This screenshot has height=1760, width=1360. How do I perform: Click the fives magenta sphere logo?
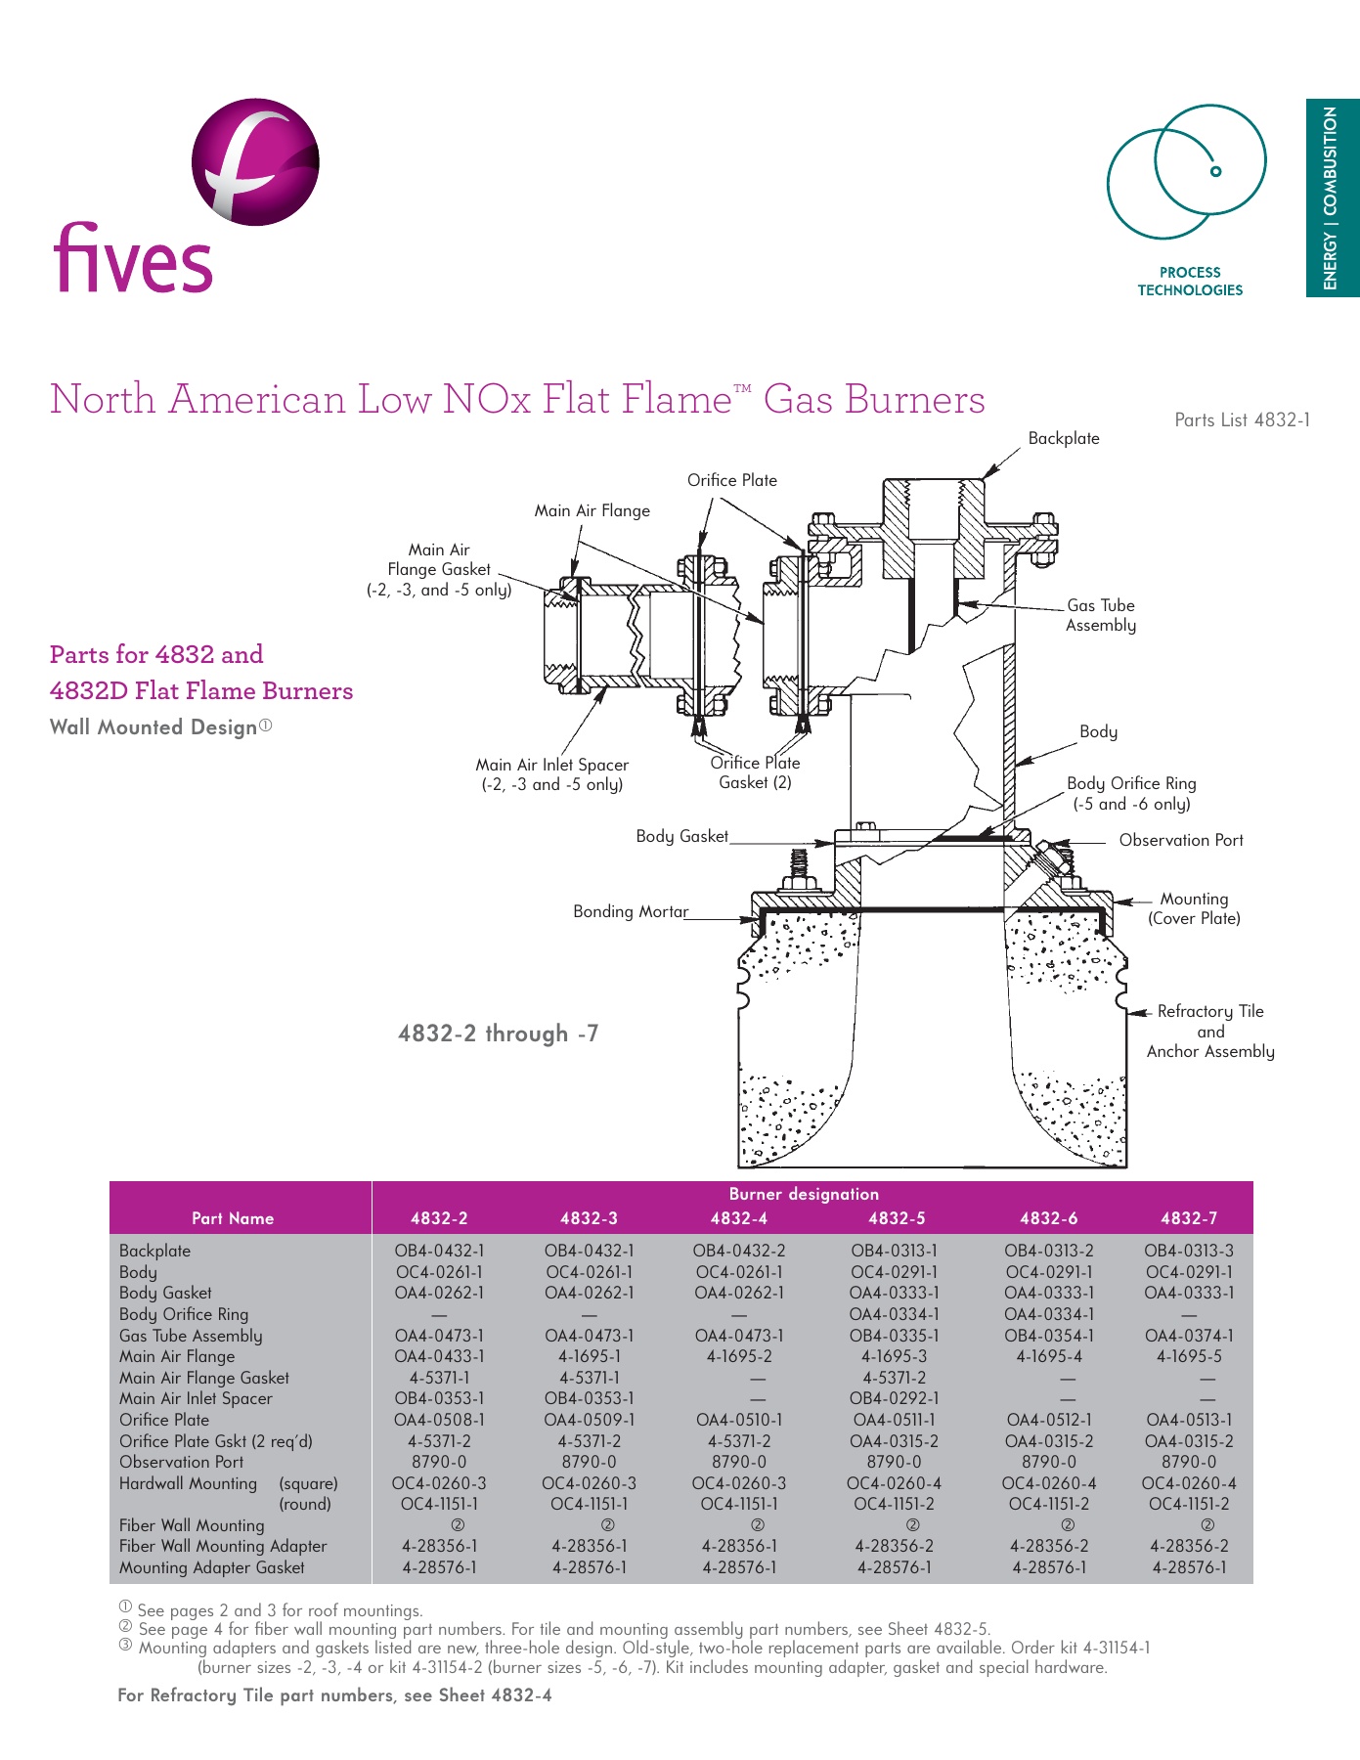[x=255, y=162]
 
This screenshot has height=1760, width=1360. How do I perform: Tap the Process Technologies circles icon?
[x=1186, y=172]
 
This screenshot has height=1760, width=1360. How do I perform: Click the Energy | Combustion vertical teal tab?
[x=1332, y=198]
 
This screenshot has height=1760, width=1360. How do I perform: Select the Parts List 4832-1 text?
[x=1242, y=419]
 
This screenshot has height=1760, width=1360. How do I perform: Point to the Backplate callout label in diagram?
[x=1063, y=438]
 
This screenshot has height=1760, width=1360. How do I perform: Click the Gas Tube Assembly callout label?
[x=1101, y=615]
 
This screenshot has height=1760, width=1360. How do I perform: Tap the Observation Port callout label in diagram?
[x=1180, y=840]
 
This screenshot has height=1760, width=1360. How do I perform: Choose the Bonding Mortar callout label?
[x=631, y=911]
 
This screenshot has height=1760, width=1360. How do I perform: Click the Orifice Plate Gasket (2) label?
[x=755, y=772]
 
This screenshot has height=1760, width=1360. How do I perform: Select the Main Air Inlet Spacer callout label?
[x=551, y=774]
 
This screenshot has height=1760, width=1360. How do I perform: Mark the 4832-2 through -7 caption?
[x=498, y=1034]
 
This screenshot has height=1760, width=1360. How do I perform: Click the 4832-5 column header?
[x=897, y=1218]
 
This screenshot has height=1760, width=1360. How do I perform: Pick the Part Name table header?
[x=233, y=1218]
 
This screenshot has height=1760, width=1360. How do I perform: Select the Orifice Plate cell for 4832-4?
[x=738, y=1420]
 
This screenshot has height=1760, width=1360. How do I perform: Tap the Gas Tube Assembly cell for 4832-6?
[x=1049, y=1336]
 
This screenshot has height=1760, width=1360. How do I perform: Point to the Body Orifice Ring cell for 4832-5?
[x=894, y=1314]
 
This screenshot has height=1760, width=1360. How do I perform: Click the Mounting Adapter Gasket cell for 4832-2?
[x=439, y=1567]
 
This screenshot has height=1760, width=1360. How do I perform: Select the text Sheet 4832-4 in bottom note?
[x=495, y=1695]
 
